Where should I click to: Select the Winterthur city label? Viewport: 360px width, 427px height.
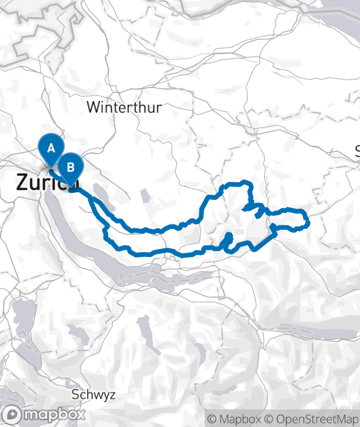pos(124,108)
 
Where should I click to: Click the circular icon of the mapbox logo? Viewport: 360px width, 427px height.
pos(12,415)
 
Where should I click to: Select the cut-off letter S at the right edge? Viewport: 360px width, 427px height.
pos(357,151)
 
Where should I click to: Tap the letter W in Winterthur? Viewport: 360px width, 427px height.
pos(93,108)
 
